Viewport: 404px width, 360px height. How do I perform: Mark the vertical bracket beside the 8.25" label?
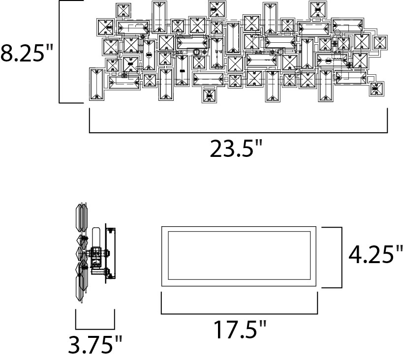coord(60,52)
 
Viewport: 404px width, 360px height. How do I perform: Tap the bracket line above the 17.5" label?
coord(240,313)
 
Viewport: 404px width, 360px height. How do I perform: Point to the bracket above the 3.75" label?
coord(95,328)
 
